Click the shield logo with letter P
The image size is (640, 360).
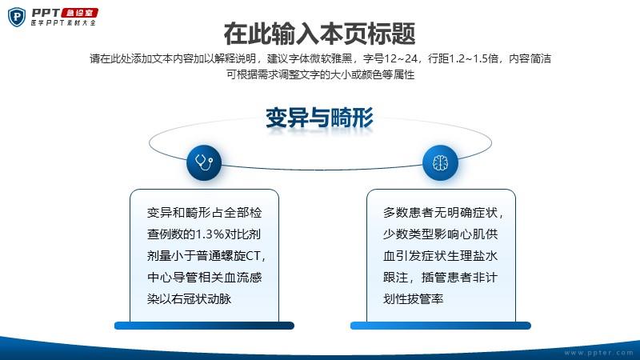(17, 17)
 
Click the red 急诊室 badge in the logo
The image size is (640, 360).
(80, 13)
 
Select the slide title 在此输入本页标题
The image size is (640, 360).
(319, 34)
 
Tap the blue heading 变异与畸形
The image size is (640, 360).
(319, 118)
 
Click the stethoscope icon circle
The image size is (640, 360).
(204, 162)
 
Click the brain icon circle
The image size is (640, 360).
(441, 162)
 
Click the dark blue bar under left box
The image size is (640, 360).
(204, 326)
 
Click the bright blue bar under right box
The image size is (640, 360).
(441, 326)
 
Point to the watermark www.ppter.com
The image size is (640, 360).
(598, 353)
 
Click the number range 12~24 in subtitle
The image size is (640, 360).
(402, 58)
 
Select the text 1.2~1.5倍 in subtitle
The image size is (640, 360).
(474, 58)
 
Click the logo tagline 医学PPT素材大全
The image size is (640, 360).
(63, 23)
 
